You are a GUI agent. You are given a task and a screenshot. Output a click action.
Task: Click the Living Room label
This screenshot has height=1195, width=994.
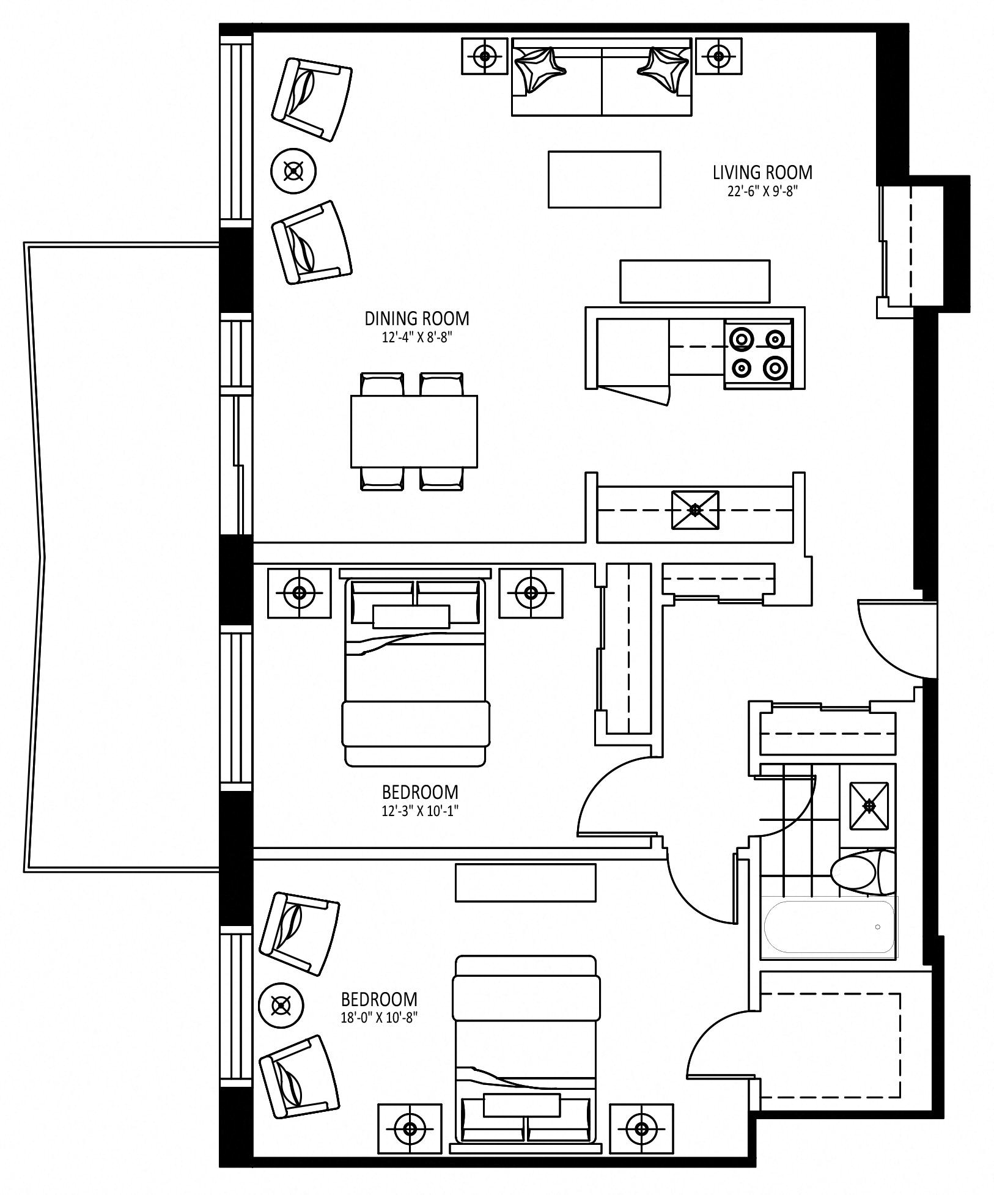tap(762, 172)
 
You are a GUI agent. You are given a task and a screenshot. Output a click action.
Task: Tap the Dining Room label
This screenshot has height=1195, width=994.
tap(417, 318)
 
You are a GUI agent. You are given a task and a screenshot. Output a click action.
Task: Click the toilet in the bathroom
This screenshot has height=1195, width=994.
tap(863, 870)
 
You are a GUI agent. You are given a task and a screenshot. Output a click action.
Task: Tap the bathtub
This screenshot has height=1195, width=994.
tap(828, 927)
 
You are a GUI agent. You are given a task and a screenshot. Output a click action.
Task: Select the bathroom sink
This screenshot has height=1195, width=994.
tap(869, 806)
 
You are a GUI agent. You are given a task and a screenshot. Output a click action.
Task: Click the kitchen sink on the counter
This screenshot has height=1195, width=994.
tap(695, 510)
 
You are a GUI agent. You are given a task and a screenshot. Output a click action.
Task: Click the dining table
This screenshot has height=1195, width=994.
tap(414, 432)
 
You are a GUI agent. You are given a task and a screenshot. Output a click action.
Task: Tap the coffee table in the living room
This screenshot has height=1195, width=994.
tap(604, 180)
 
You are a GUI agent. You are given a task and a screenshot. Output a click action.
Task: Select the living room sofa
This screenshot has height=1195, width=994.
tap(602, 76)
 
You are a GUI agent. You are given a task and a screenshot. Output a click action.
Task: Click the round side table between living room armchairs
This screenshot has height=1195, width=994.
tap(294, 171)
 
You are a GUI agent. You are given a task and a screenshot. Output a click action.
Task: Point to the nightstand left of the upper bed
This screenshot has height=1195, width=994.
tap(299, 593)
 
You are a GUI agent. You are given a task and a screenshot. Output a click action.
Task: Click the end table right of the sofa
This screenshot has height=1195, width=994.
tap(719, 56)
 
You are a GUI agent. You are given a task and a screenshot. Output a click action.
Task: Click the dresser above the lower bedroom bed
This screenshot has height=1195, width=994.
tap(525, 882)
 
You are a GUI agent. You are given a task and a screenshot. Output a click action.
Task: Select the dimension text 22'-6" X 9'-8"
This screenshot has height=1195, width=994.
tap(763, 191)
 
